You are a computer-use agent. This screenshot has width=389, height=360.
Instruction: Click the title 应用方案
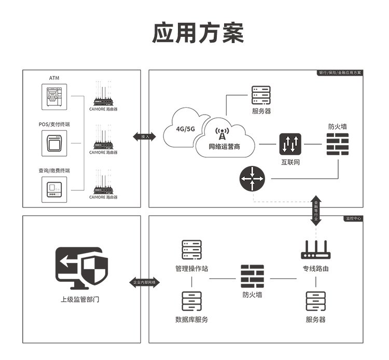click(198, 33)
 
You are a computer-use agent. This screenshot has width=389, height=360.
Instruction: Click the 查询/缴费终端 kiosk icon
click(54, 189)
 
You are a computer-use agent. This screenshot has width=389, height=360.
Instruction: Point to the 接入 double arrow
click(145, 136)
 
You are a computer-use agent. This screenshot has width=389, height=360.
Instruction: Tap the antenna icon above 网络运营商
click(222, 134)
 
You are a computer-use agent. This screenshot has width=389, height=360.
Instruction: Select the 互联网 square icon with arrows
click(290, 144)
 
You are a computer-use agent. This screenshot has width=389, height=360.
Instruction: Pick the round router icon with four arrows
click(252, 179)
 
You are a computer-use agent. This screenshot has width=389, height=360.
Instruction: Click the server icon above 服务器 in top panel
click(261, 95)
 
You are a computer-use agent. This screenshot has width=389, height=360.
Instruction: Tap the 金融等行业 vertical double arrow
click(316, 211)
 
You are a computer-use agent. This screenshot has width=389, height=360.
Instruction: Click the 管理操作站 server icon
click(191, 250)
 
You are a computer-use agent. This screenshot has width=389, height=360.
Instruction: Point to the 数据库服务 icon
click(191, 301)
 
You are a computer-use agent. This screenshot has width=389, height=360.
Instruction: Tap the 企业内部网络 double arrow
click(145, 282)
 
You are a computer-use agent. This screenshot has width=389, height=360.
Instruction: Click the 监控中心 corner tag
click(354, 218)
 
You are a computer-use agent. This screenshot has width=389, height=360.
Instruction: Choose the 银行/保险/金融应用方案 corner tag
click(340, 73)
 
